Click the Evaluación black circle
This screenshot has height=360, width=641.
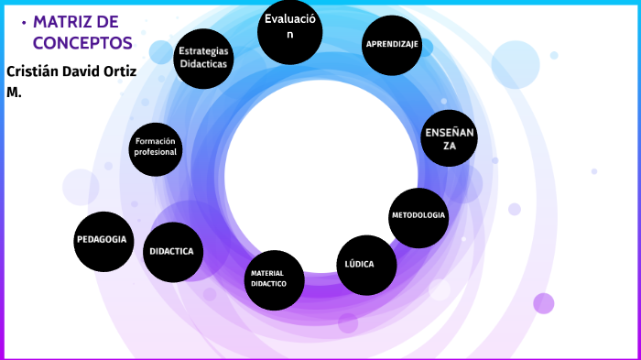[x=290, y=30]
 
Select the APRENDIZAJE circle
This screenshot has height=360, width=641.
[x=392, y=45]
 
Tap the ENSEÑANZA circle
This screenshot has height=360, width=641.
[x=450, y=137]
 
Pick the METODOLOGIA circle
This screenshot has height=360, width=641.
[x=418, y=216]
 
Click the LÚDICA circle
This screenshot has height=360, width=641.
[x=367, y=265]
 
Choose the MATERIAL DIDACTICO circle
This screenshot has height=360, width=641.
[x=275, y=279]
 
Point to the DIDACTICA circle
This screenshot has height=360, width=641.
[x=173, y=251]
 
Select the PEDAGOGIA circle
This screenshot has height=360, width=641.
[x=103, y=241]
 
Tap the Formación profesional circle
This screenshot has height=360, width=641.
[x=155, y=147]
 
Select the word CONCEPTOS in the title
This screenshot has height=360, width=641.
[x=82, y=42]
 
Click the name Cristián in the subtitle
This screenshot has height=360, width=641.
[x=34, y=71]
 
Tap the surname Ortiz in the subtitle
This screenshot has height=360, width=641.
[x=119, y=71]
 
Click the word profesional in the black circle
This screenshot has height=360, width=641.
[x=155, y=152]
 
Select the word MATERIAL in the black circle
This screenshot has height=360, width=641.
[x=267, y=273]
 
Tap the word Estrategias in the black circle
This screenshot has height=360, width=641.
[x=204, y=51]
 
